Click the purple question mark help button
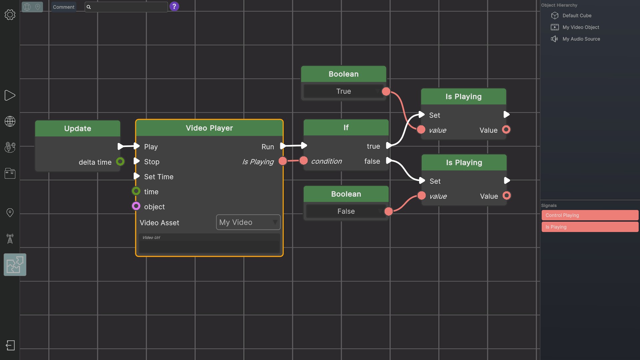click(174, 6)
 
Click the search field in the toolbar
click(128, 7)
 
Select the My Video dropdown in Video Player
click(248, 222)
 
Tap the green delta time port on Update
click(120, 162)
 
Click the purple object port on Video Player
click(136, 206)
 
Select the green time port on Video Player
click(136, 191)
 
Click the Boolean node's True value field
click(343, 91)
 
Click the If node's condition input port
click(303, 161)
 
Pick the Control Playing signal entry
click(589, 215)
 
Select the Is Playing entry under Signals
click(589, 227)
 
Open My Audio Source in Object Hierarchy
click(581, 39)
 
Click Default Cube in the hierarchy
click(576, 16)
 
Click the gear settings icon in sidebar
click(10, 15)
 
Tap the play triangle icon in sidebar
click(10, 95)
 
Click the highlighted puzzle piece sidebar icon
click(15, 265)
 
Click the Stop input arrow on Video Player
click(136, 161)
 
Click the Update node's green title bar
click(77, 128)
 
